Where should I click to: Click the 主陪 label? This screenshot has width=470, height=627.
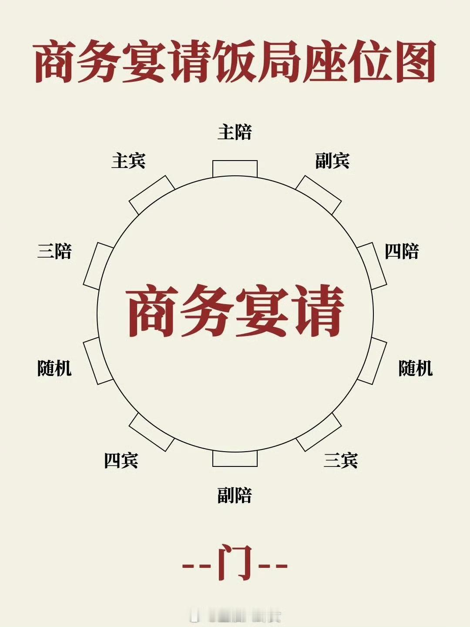pos(235,132)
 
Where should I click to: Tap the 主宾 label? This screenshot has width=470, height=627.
pos(128,161)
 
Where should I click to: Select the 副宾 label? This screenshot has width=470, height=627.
pos(332,161)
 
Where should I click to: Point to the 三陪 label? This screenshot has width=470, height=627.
pos(54,251)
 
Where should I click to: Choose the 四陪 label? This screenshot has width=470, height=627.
pos(402,251)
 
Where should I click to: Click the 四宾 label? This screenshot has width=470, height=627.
pos(121,460)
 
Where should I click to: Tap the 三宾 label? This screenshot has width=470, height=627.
pos(341,460)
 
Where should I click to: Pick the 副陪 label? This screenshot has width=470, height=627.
pos(235,496)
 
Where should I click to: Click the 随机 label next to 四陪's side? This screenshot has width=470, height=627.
pos(416,369)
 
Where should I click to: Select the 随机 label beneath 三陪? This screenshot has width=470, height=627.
pos(54,369)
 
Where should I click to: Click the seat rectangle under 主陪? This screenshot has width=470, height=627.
pos(235,169)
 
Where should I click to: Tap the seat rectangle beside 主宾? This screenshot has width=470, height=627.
pos(152,195)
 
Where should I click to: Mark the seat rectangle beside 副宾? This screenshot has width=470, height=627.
pos(318,195)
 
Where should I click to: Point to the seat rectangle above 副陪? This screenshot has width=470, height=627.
pos(235,459)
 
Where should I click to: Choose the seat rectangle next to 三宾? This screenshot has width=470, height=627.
pos(319,432)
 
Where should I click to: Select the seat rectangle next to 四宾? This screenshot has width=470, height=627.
pos(151,432)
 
